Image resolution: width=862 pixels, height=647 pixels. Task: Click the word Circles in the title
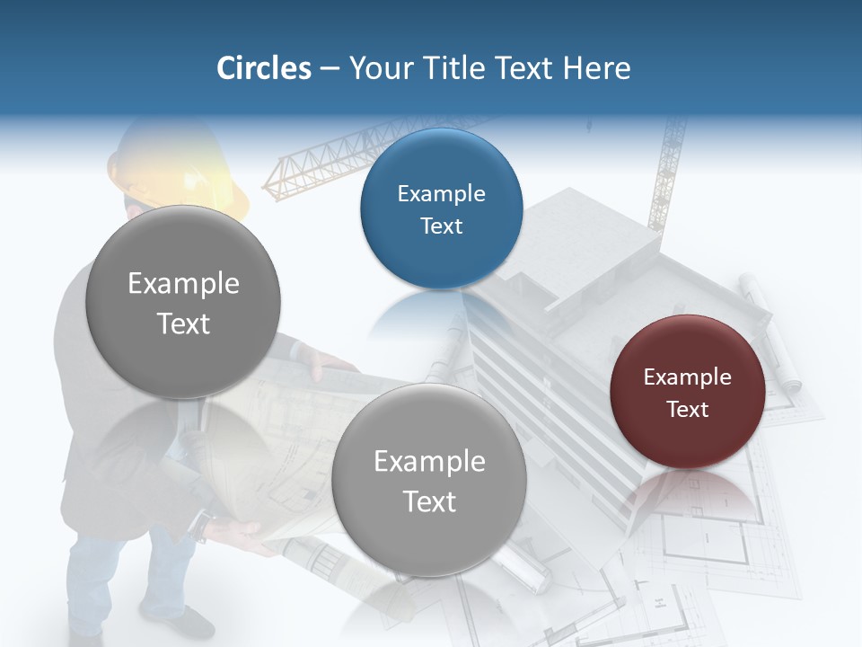[263, 68]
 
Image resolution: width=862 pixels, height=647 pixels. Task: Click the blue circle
[441, 208]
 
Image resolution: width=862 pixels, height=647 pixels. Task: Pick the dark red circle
[687, 392]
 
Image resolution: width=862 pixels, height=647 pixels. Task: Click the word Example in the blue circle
[441, 194]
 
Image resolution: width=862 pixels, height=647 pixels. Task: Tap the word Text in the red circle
[688, 410]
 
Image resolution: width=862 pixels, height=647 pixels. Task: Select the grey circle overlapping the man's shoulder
[183, 302]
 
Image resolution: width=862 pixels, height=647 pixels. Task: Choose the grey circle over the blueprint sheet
[428, 480]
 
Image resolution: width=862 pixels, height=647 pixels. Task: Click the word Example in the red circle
[687, 377]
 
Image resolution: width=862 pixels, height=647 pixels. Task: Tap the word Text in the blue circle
[441, 226]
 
